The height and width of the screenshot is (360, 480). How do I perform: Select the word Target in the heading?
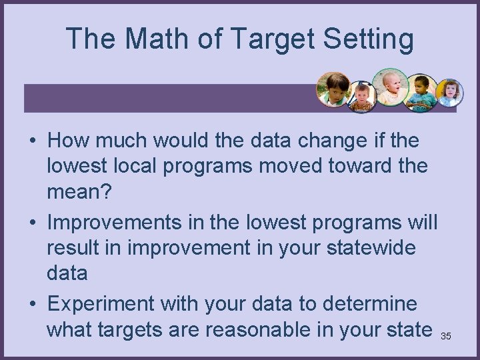273,39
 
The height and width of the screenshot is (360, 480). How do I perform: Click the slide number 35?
446,336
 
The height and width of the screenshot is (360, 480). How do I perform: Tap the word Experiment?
98,303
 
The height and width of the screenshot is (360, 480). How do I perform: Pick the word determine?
370,303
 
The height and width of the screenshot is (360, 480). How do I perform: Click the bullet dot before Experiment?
32,305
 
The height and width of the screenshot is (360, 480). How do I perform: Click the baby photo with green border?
390,87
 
